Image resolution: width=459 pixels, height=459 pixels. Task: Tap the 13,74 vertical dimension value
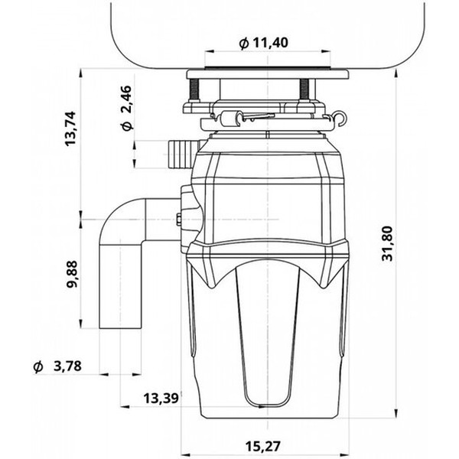click(70, 129)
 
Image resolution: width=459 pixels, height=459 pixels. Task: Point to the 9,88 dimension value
click(71, 274)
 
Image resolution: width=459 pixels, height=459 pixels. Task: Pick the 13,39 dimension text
click(161, 398)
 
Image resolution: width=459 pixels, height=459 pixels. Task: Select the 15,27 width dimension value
click(263, 446)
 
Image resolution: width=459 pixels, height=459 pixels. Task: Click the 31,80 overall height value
click(389, 243)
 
